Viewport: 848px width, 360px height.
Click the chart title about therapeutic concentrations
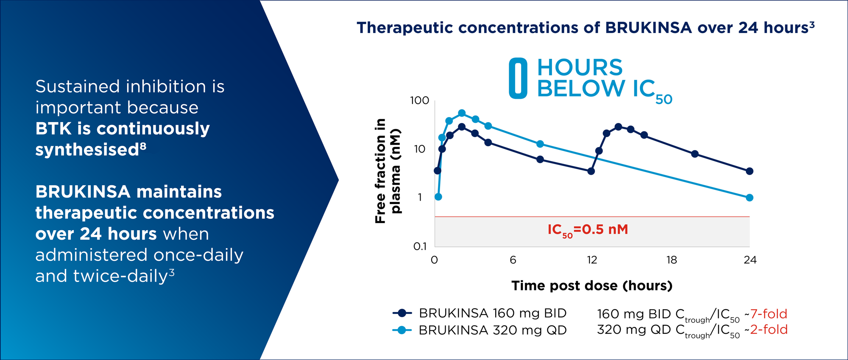coord(586,28)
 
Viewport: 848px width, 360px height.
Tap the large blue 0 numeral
coord(518,78)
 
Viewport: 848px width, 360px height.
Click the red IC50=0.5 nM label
coord(588,230)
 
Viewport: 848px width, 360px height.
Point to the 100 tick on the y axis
coord(420,100)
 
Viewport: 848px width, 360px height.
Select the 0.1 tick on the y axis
coord(420,246)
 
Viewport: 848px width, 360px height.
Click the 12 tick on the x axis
coord(592,260)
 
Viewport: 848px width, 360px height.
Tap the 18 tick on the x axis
coord(672,260)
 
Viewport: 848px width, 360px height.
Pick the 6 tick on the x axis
coord(513,260)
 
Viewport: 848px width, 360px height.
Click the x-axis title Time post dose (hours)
coord(592,285)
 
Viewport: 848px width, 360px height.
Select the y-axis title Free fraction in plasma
coord(388,171)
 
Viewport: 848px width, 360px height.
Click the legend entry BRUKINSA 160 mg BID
coord(480,313)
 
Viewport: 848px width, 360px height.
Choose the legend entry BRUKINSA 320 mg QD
coord(480,330)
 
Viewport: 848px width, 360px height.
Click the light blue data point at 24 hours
coord(750,198)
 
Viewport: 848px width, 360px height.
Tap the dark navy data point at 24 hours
coord(750,171)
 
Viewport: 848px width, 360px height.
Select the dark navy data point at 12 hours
coord(591,171)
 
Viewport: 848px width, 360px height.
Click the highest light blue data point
coord(462,113)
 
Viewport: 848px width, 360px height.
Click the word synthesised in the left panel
coord(87,150)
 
